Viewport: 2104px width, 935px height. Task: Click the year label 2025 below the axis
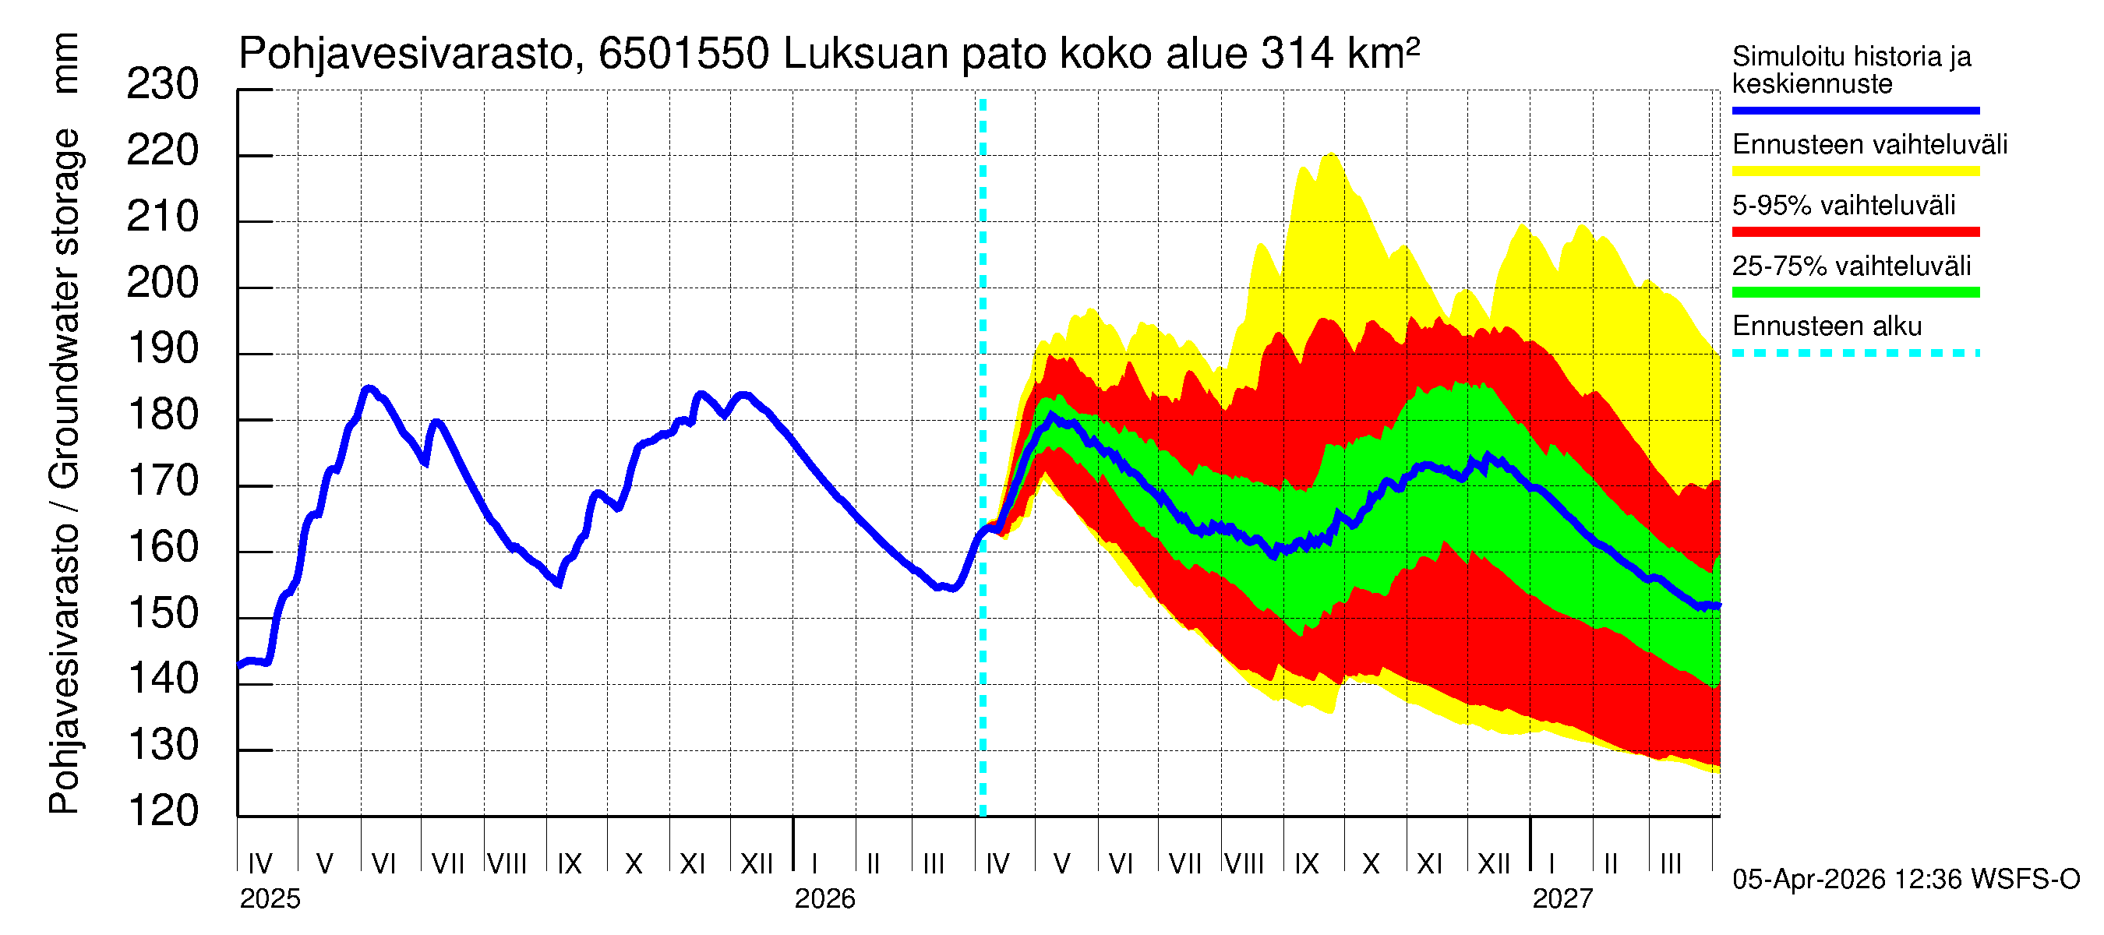pos(270,899)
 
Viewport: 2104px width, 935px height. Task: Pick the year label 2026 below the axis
pos(824,899)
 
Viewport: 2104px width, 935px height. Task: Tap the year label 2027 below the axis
pos(1562,899)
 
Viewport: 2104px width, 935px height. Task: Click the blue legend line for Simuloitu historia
pos(1855,110)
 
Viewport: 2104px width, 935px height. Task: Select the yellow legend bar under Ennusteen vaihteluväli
pos(1855,171)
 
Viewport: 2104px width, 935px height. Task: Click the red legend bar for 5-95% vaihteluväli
pos(1855,232)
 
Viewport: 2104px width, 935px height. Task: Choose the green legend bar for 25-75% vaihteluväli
pos(1855,292)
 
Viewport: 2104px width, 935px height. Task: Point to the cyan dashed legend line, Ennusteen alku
pos(1855,354)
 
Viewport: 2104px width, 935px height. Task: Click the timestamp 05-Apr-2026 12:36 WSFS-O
pos(1905,880)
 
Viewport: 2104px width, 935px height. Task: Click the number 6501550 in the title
pos(683,54)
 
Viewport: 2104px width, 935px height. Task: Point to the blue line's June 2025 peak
pos(369,389)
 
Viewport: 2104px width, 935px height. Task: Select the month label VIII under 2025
pos(507,863)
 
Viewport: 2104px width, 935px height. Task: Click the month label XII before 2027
pos(1493,863)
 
